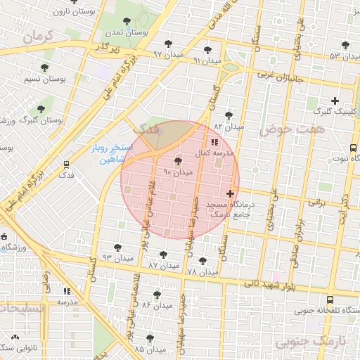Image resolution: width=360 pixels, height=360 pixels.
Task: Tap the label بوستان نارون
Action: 73,12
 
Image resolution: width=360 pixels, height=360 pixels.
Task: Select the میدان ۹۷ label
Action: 167,54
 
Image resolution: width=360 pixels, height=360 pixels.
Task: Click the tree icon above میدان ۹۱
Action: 207,49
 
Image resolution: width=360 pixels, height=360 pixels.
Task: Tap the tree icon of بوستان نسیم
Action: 44,68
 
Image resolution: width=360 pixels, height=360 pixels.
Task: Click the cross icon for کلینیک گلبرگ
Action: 335,101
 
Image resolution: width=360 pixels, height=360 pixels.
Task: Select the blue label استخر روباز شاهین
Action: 106,155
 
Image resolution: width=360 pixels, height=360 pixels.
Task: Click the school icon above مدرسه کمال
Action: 214,143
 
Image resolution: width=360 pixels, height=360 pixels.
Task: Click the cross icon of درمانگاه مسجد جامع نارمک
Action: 231,193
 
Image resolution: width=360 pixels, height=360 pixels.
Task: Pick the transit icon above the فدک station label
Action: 66,164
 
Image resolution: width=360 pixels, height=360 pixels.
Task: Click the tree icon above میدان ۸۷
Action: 163,255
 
